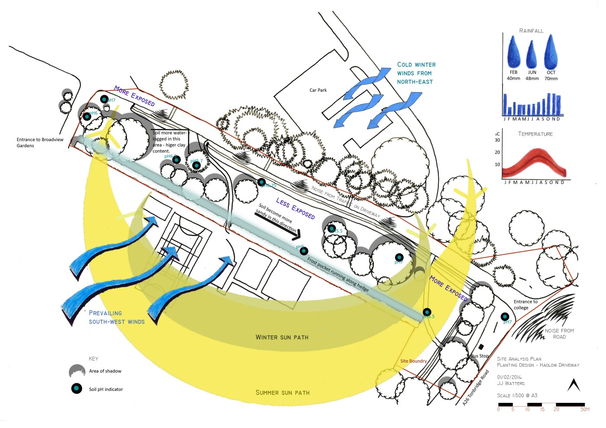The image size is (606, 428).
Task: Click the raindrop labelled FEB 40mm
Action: tap(513, 52)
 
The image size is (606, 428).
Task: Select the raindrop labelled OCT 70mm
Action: tap(551, 51)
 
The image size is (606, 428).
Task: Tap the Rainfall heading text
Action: tap(531, 31)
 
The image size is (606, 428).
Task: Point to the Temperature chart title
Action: tap(535, 134)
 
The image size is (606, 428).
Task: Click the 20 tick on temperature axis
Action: tap(497, 152)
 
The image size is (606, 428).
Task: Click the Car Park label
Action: tap(318, 90)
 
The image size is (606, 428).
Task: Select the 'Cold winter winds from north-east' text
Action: tap(416, 73)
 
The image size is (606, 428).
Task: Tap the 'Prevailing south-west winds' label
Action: tap(117, 317)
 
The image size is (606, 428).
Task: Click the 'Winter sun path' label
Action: tap(282, 337)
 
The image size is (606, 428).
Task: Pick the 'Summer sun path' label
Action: tap(282, 393)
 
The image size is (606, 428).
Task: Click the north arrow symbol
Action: tap(574, 385)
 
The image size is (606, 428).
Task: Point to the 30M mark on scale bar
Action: tap(585, 409)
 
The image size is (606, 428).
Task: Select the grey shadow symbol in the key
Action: tap(77, 371)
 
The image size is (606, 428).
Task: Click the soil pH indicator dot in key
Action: tap(77, 389)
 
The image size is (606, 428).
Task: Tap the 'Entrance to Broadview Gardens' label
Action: tap(40, 143)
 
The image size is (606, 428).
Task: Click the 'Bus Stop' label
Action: tap(480, 356)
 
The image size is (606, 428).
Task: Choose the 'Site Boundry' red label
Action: tap(413, 361)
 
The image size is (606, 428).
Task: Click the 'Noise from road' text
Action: tap(559, 334)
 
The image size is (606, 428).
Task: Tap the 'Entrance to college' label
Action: tap(525, 305)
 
